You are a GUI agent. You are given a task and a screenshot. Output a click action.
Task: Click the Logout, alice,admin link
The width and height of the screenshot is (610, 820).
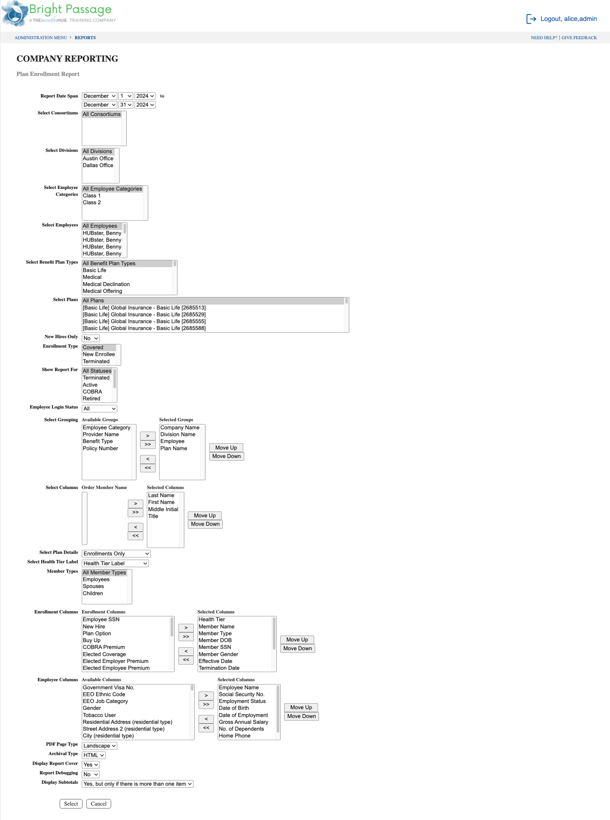(568, 19)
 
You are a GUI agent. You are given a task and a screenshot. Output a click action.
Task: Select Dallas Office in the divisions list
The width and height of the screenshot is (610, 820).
(98, 165)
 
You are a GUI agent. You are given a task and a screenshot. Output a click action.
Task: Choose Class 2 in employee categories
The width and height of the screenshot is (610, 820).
(91, 203)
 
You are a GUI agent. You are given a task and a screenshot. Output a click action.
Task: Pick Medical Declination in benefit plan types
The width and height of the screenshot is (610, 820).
(106, 284)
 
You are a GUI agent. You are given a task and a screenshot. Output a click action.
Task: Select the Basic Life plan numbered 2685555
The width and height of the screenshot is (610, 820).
(144, 321)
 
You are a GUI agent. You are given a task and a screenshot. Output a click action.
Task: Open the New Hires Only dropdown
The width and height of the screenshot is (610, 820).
(90, 338)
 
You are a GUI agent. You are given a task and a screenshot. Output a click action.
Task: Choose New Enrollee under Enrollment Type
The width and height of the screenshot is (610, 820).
(99, 354)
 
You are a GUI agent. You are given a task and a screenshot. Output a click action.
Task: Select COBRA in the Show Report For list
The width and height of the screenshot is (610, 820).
(92, 392)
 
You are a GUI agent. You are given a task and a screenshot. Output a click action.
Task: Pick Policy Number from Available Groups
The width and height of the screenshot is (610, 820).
(100, 448)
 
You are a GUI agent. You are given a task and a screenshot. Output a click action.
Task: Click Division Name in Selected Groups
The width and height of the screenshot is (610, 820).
(178, 434)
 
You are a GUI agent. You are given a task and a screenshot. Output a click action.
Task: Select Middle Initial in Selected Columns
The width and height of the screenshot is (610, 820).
(163, 509)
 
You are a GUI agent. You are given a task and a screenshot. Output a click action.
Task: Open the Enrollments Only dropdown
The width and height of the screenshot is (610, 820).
(116, 554)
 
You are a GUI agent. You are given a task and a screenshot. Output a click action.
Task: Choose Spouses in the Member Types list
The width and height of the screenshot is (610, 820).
(93, 586)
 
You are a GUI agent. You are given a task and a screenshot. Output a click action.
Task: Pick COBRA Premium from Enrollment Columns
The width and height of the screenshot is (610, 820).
(104, 647)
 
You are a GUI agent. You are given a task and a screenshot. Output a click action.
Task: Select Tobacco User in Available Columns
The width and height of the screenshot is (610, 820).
(99, 715)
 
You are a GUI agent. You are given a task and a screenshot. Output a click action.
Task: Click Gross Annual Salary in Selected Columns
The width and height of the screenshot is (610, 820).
(243, 722)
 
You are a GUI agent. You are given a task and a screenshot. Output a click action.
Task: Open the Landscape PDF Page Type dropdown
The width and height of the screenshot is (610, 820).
(99, 746)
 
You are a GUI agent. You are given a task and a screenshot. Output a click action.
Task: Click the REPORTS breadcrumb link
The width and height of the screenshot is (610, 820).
(85, 38)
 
